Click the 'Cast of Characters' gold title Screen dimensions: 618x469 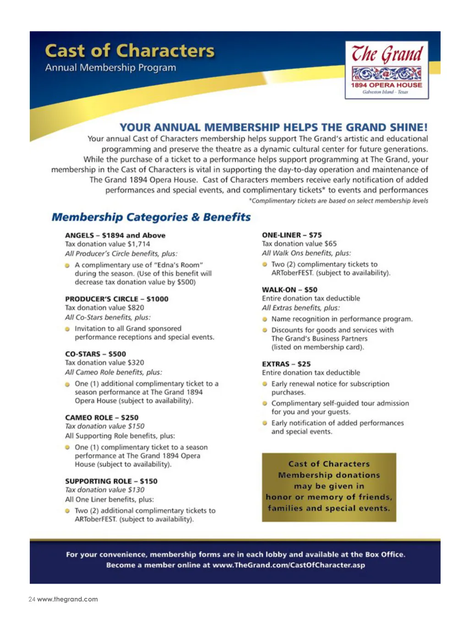(x=130, y=51)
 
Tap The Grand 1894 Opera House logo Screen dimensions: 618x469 (x=387, y=70)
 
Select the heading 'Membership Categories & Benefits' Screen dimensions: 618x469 (x=151, y=217)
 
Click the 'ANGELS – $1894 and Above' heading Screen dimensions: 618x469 (x=115, y=235)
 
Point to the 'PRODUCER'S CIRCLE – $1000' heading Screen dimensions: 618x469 (x=116, y=299)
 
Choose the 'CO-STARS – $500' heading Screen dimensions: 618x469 (x=95, y=354)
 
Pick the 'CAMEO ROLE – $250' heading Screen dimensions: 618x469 (x=102, y=417)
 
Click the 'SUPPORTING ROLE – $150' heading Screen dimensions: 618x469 (x=111, y=481)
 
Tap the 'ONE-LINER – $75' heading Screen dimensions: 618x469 (x=292, y=235)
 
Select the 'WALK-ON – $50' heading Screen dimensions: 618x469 (x=289, y=290)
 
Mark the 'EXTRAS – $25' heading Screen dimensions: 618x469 (x=286, y=364)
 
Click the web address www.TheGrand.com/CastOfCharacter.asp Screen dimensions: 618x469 (x=289, y=565)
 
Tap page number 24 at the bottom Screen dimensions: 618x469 (x=32, y=599)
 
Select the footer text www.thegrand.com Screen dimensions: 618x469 (x=67, y=599)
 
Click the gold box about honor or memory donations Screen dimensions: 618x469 (x=329, y=487)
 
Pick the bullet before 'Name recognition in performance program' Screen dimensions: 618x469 (x=265, y=319)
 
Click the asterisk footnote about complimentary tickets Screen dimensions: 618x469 (x=338, y=201)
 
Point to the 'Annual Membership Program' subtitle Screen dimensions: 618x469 (x=110, y=68)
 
